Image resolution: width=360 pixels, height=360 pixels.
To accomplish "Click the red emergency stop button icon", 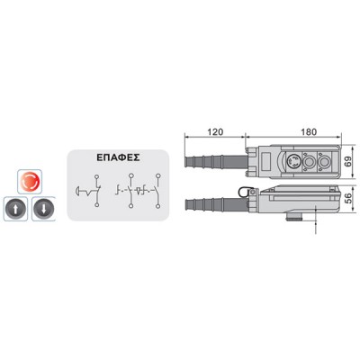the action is (30, 182).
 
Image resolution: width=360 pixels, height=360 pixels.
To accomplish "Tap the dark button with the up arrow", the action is (15, 209).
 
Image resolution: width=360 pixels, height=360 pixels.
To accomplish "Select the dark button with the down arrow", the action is (43, 209).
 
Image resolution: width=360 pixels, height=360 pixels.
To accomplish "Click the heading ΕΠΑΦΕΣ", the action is (118, 157).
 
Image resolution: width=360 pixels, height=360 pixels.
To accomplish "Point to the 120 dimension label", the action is (215, 131).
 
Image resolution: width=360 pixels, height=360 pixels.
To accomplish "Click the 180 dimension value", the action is (308, 131).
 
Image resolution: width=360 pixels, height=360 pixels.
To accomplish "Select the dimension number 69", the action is (347, 162).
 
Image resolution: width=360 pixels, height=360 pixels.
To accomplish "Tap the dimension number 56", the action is (347, 198).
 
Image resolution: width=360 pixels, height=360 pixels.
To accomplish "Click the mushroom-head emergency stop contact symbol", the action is (89, 191).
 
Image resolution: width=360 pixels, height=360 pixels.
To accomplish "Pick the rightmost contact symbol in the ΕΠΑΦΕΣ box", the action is (151, 191).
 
